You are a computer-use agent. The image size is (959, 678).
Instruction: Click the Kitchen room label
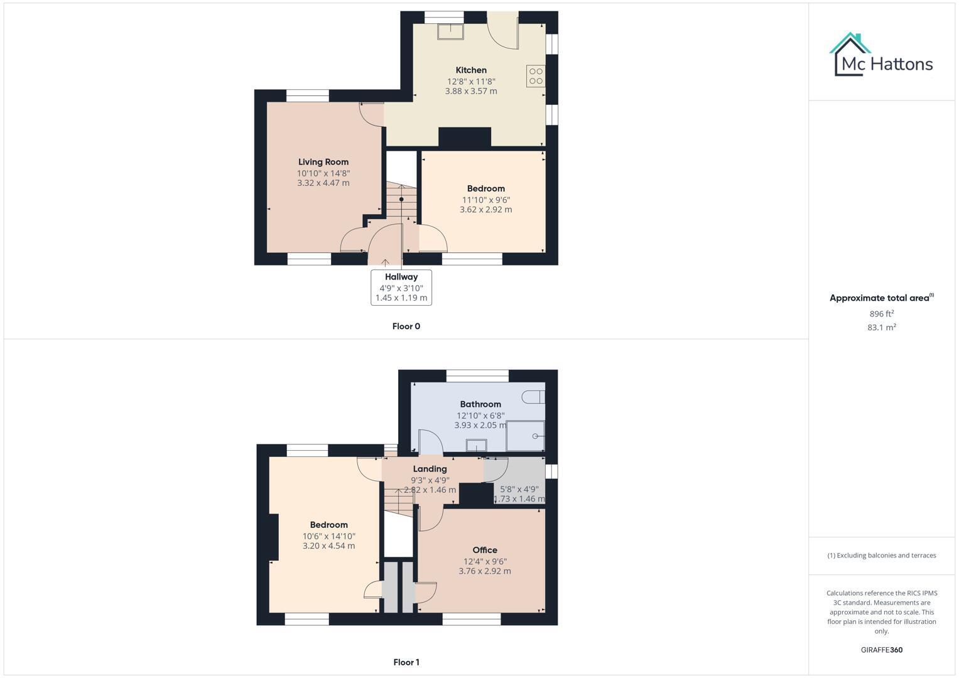pos(471,70)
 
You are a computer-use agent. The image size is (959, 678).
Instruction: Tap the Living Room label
pos(323,162)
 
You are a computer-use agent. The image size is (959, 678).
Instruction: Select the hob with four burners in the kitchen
pos(536,76)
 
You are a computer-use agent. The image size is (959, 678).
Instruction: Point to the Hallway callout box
pos(401,287)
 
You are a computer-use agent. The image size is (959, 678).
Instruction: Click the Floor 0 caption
pos(406,326)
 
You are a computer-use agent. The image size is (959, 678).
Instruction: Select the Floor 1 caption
pos(406,662)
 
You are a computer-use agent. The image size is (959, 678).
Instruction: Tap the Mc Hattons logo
pos(881,55)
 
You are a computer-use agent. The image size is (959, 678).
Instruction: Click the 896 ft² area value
pos(881,314)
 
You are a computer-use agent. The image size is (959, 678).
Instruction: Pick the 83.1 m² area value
pos(881,328)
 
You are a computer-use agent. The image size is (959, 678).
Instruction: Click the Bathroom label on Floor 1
pos(480,404)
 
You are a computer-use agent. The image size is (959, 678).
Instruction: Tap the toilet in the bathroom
pos(534,396)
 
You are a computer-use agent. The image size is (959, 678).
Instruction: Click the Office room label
pos(485,550)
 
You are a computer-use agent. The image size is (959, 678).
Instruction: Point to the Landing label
pos(430,469)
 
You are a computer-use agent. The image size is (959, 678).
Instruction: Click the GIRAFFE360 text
pos(881,650)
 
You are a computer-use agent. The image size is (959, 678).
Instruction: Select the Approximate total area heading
pos(881,298)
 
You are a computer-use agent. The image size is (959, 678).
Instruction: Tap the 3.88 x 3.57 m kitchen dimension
pos(471,91)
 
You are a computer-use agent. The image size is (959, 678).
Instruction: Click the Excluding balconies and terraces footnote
pos(881,556)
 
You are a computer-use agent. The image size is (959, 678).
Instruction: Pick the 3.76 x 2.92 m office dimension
pos(485,571)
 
